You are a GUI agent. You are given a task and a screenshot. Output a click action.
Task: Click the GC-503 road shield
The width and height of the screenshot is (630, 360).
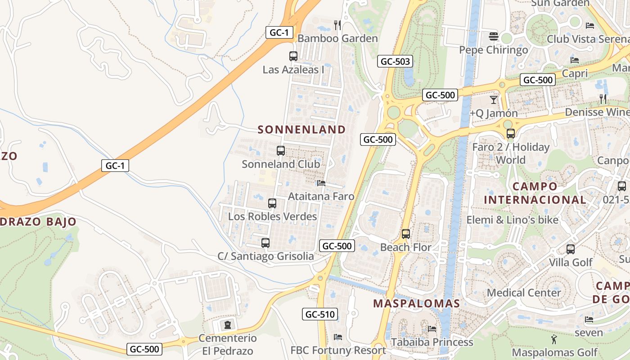(396, 62)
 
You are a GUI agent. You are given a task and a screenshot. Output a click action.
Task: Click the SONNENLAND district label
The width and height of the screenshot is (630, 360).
(301, 130)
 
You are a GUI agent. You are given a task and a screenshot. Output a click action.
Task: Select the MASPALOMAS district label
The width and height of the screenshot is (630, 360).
(417, 303)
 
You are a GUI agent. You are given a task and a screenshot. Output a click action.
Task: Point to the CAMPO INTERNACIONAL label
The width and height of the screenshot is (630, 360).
(535, 193)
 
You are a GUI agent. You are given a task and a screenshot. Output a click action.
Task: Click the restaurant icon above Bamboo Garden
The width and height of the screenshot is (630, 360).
(337, 25)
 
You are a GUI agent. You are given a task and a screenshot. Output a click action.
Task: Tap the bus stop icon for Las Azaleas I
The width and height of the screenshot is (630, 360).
(293, 56)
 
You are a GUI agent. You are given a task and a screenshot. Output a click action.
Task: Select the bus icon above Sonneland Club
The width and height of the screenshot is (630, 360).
(281, 151)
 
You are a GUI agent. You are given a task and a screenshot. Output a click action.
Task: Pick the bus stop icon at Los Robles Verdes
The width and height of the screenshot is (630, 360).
(272, 203)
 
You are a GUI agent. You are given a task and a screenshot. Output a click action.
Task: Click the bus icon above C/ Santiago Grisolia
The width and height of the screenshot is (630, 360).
(265, 243)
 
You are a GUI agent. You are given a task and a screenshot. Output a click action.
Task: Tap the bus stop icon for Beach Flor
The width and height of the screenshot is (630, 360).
(406, 234)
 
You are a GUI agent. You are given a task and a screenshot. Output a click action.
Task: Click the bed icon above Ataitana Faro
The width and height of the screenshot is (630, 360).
(321, 183)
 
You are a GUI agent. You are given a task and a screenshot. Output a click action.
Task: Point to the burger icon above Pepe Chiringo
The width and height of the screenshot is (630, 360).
(494, 36)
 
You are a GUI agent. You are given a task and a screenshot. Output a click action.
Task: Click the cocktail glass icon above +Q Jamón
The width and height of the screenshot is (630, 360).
(494, 99)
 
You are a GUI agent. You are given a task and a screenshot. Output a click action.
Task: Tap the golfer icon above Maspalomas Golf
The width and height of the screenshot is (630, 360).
(554, 339)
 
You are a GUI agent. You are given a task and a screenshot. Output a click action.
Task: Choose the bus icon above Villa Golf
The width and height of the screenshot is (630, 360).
(571, 249)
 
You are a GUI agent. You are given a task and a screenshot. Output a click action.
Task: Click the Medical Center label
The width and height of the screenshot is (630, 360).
(524, 292)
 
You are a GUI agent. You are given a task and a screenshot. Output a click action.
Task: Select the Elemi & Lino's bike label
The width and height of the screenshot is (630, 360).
(512, 220)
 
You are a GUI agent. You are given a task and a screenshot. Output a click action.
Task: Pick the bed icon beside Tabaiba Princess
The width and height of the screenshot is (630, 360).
(432, 328)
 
